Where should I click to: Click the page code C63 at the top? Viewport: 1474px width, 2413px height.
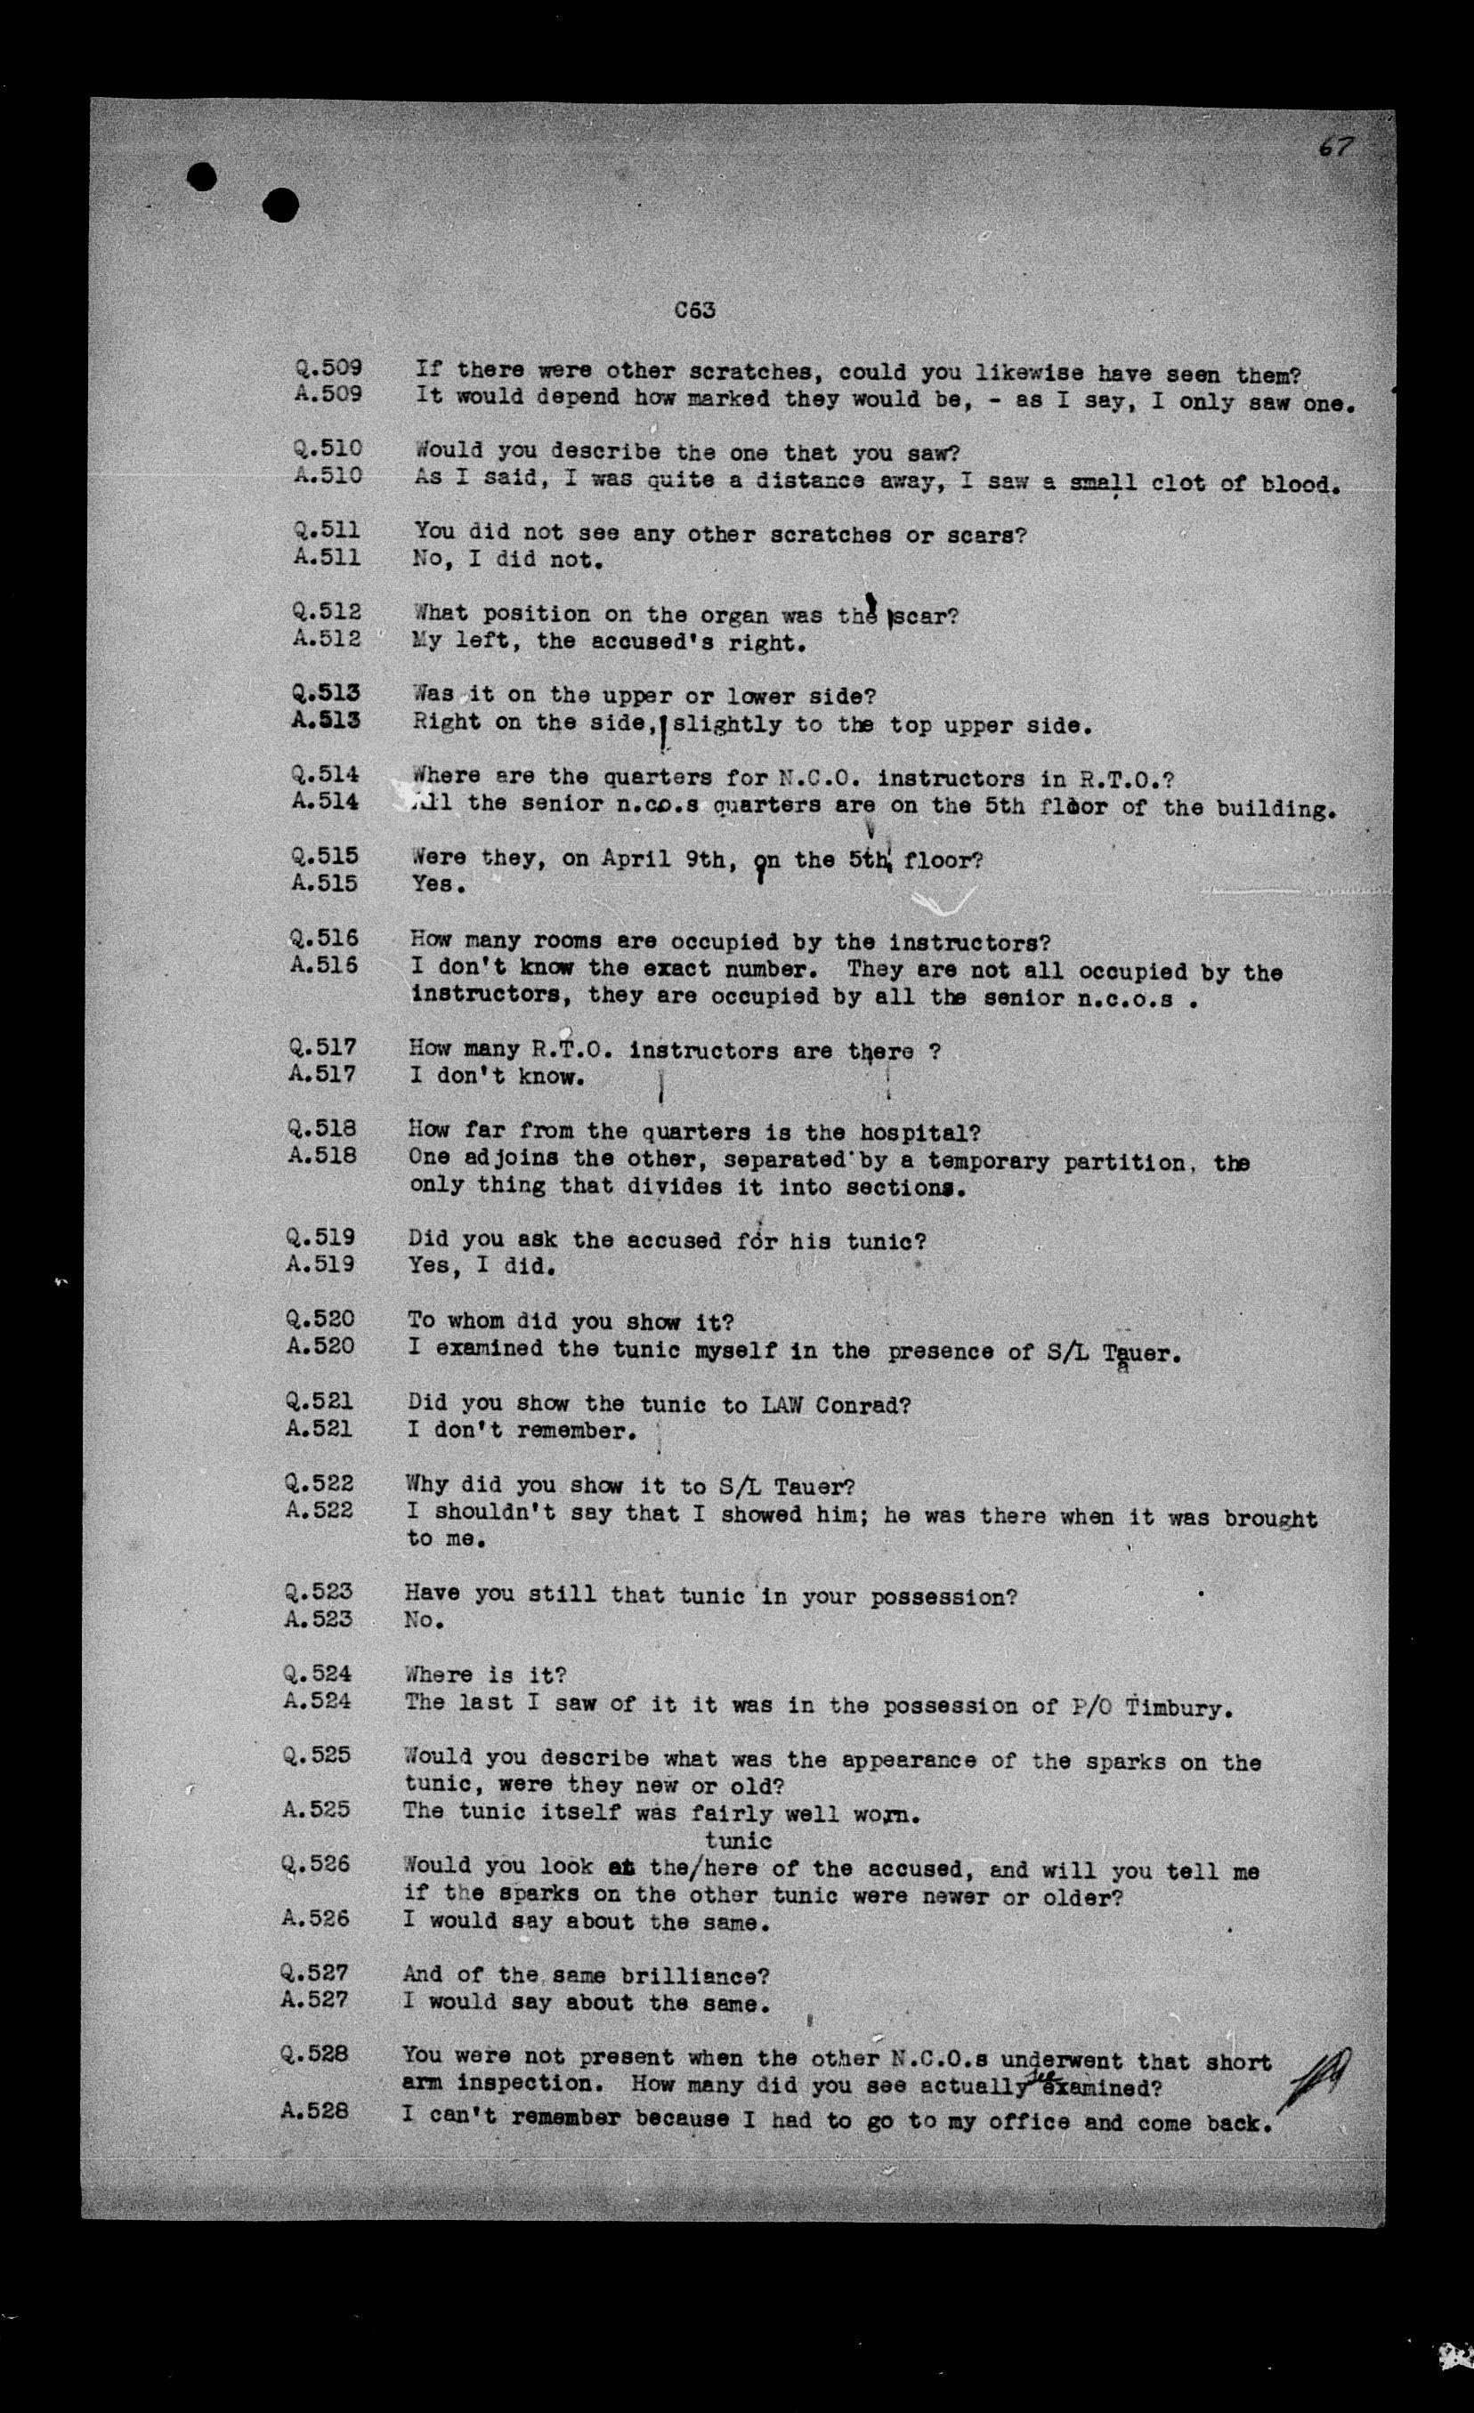coord(694,311)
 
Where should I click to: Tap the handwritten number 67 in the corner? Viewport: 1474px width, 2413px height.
coord(1335,148)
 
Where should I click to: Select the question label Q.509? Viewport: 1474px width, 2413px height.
coord(328,368)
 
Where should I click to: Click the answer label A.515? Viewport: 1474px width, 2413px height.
coord(323,883)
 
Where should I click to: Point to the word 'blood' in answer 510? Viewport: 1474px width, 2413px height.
coord(1299,485)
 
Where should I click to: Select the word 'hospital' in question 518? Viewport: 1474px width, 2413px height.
coord(930,1133)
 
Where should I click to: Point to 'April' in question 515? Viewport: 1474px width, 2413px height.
coord(630,859)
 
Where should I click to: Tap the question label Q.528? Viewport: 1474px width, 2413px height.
coord(314,2054)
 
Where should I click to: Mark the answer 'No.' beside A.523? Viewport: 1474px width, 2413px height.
coord(423,1621)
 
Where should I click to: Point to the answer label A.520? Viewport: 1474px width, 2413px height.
coord(320,1346)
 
